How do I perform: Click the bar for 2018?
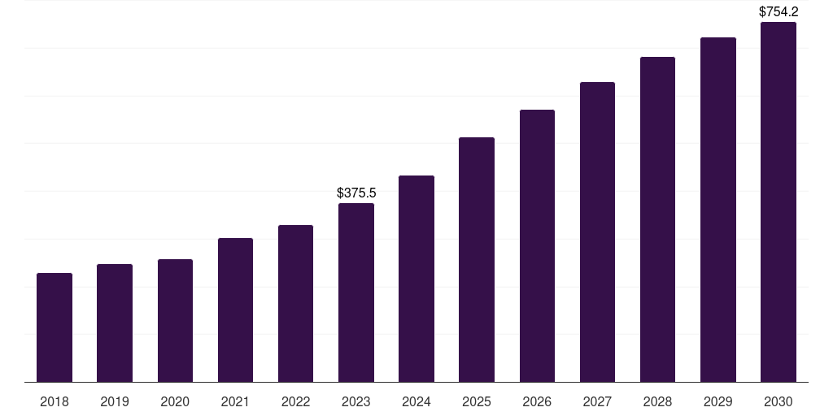coord(55,327)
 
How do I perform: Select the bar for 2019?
coord(115,323)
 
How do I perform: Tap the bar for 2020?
coord(175,320)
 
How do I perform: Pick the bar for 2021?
coord(235,310)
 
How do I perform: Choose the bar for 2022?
coord(295,303)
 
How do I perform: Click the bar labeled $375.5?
coord(356,292)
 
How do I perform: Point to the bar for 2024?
coord(416,279)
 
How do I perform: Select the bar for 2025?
coord(477,259)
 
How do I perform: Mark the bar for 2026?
coord(537,245)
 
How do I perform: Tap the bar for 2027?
coord(597,232)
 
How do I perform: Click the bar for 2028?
coord(657,219)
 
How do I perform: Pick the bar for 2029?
coord(717,210)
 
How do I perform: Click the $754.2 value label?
coord(778,11)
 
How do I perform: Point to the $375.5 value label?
coord(356,193)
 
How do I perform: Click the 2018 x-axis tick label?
coord(55,401)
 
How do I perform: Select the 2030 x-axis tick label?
coord(778,401)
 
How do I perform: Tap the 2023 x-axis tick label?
coord(356,401)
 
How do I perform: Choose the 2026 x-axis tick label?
coord(537,401)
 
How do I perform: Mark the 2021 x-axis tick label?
coord(235,401)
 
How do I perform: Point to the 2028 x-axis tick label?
coord(657,401)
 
